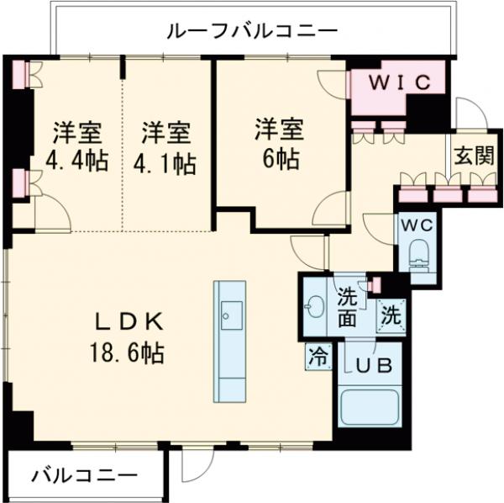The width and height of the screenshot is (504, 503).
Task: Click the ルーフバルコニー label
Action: coord(252,32)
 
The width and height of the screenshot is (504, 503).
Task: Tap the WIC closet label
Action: coord(402,82)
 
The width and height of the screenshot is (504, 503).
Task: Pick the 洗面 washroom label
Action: coord(348,307)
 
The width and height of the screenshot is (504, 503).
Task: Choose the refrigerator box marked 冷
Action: coord(318,356)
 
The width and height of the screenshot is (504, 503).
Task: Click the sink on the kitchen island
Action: coord(229,315)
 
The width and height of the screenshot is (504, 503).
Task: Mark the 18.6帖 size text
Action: coord(128,353)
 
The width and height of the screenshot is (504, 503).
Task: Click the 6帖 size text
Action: coord(279,159)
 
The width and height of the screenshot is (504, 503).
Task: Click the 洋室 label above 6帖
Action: coord(279,130)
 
